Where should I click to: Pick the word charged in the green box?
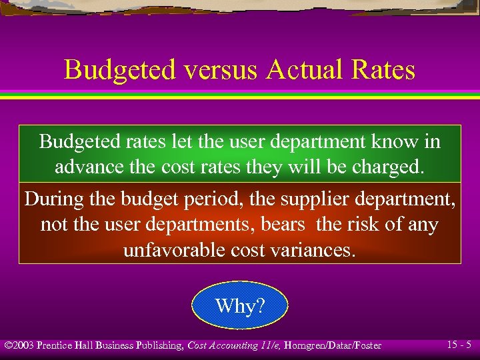click(x=387, y=167)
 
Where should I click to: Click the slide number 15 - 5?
click(x=459, y=345)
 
